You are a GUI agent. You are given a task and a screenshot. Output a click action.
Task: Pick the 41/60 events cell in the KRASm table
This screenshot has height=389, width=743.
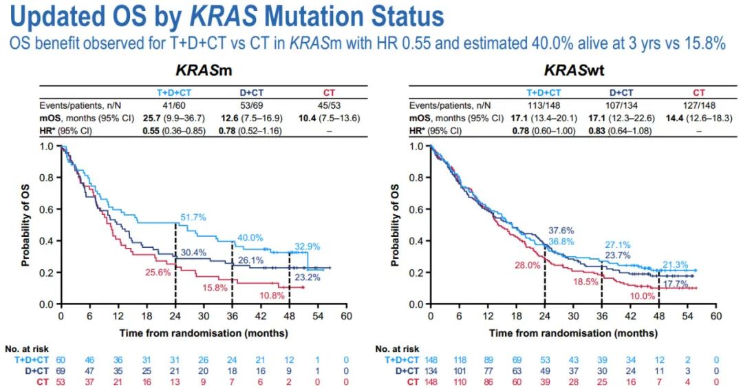point(172,104)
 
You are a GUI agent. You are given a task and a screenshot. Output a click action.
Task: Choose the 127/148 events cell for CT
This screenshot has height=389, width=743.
point(698,104)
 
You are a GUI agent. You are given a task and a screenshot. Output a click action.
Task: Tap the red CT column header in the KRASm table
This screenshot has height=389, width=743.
point(329,92)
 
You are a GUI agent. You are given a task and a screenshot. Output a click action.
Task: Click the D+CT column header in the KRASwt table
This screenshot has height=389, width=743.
point(621,92)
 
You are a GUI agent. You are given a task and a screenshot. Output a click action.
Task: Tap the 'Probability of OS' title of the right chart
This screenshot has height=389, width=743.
point(394,224)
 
